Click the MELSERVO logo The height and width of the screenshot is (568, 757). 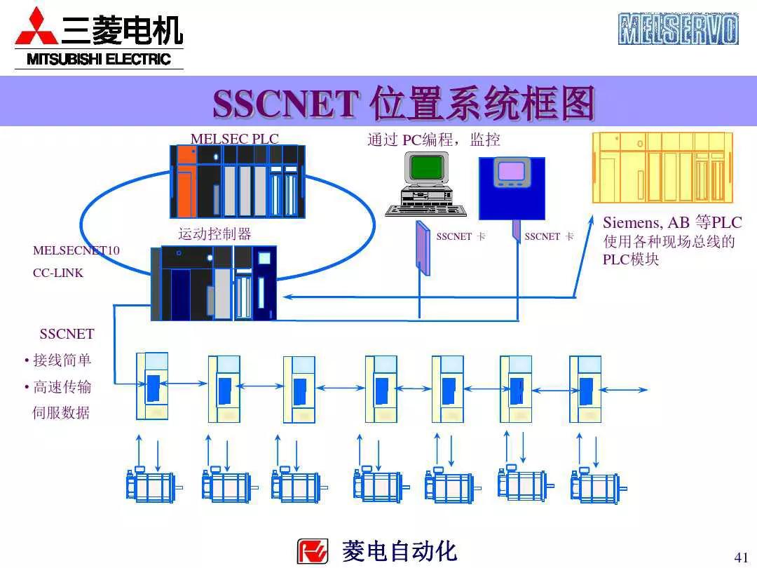pos(678,29)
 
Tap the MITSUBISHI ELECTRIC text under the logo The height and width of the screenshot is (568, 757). pos(99,60)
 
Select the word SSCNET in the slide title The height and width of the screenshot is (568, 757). pos(286,104)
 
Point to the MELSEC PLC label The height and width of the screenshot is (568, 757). pos(234,139)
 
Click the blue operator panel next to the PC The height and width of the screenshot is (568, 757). pos(512,187)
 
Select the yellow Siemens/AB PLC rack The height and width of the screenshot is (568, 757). pos(662,168)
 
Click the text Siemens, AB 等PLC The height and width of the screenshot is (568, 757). pos(671,223)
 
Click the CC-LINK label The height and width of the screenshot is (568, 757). pos(58,273)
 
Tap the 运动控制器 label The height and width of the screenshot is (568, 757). pos(214,234)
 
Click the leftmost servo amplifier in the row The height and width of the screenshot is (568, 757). pos(152,386)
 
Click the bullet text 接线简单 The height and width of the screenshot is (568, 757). pos(62,360)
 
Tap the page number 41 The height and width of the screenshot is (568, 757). pos(741,557)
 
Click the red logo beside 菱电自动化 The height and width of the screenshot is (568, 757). pos(313,551)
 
